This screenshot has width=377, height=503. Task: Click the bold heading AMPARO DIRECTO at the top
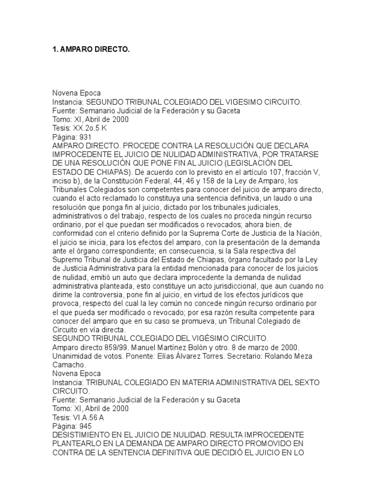click(91, 50)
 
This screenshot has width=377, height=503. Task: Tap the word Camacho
click(69, 364)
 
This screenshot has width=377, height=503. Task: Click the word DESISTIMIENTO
click(87, 435)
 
